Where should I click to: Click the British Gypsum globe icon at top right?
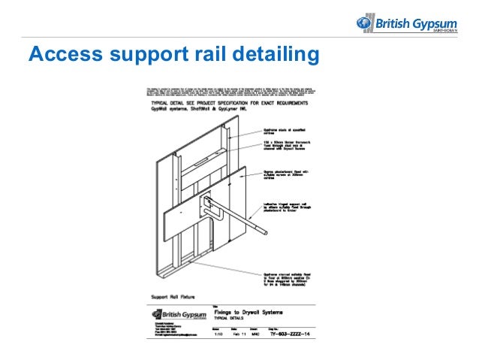tap(366, 23)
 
